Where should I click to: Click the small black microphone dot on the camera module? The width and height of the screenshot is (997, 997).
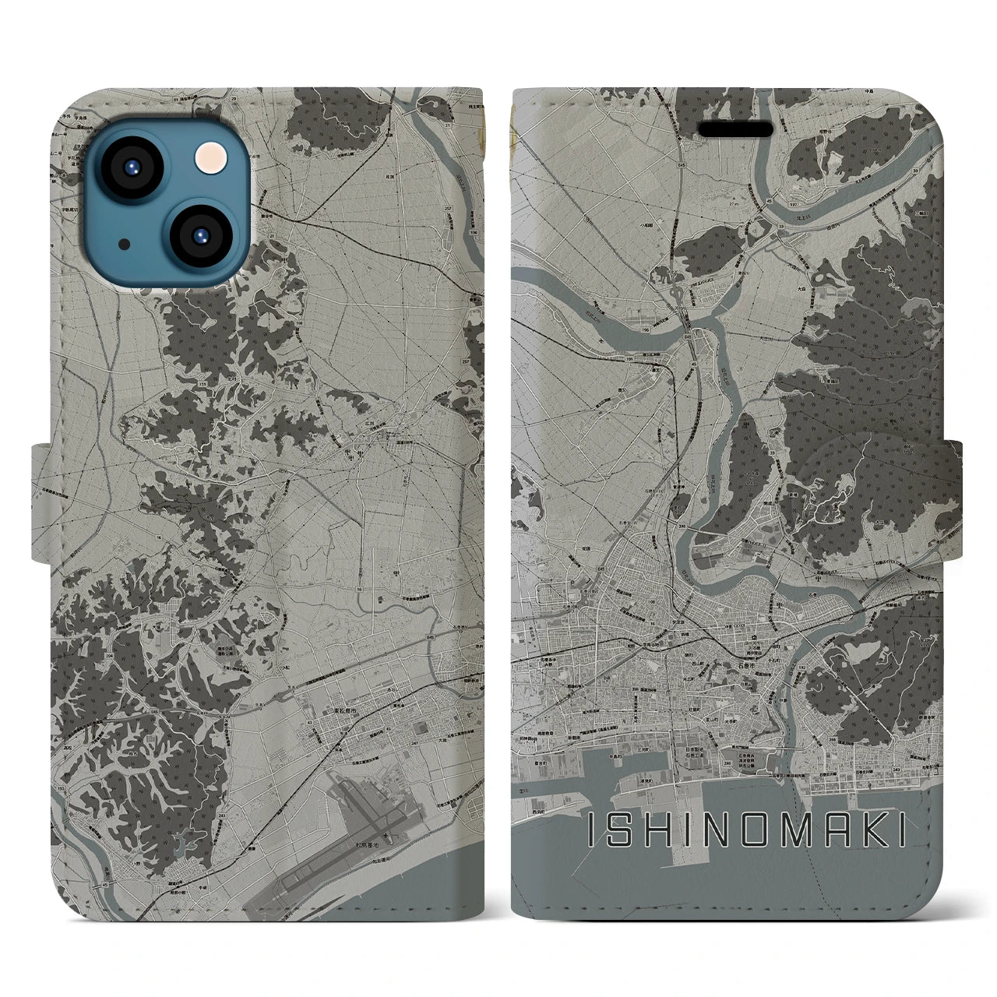point(124,244)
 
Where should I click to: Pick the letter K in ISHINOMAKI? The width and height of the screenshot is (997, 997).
point(866,833)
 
